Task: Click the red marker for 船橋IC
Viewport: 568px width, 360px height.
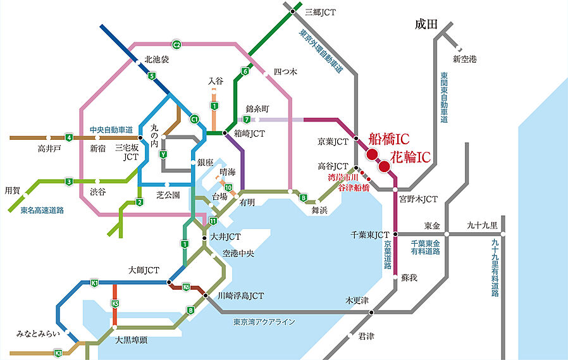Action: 371,154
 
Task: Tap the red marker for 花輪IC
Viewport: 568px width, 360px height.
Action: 384,166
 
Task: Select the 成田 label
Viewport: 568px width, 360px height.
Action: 426,25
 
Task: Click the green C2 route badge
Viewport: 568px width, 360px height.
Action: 177,44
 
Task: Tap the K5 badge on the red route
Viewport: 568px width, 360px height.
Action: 115,304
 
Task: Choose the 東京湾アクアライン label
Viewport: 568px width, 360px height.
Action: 264,322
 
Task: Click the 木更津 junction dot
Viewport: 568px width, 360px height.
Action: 371,313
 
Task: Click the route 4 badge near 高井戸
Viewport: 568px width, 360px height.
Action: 69,137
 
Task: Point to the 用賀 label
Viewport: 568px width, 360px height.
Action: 13,190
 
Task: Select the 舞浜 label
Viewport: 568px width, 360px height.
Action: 319,209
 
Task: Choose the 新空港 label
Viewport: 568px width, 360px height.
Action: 465,59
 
